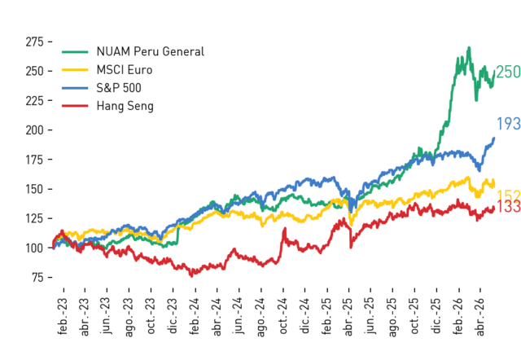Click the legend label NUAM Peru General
coord(150,52)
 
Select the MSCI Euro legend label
coord(125,70)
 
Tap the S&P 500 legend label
coord(119,88)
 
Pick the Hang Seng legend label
coord(125,107)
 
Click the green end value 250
coord(508,72)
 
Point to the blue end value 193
coord(508,124)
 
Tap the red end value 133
coord(508,206)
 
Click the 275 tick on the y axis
coord(34,42)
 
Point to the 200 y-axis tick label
coord(34,130)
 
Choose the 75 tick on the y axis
coord(38,277)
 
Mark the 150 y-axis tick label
coord(34,189)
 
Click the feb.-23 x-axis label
coord(63,316)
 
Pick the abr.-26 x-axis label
coord(480,317)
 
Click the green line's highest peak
coord(469,48)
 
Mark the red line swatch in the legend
coord(75,106)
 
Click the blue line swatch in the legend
coord(75,88)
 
